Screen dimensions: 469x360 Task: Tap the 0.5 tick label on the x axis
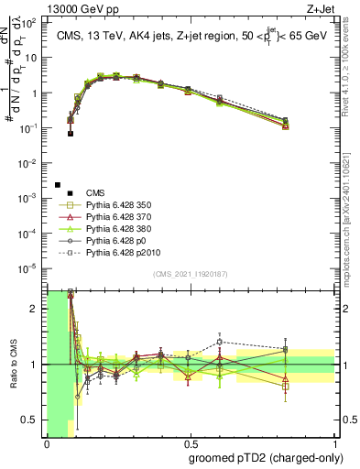[x=190, y=442]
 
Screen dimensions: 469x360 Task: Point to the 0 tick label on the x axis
[x=47, y=442]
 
